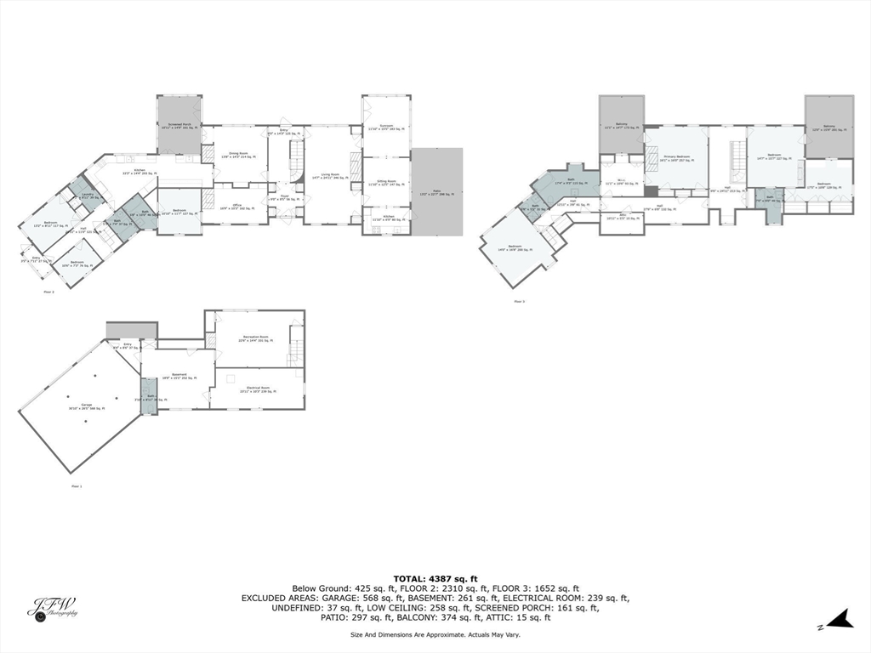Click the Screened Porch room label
click(179, 125)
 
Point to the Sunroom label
click(387, 128)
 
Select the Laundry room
click(88, 196)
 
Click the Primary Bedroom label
click(675, 158)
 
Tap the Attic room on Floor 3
click(621, 217)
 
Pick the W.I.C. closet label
click(621, 181)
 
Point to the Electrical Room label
click(259, 389)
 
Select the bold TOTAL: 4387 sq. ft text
click(435, 578)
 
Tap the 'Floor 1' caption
click(77, 486)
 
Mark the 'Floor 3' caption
click(518, 301)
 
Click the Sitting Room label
click(387, 183)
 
